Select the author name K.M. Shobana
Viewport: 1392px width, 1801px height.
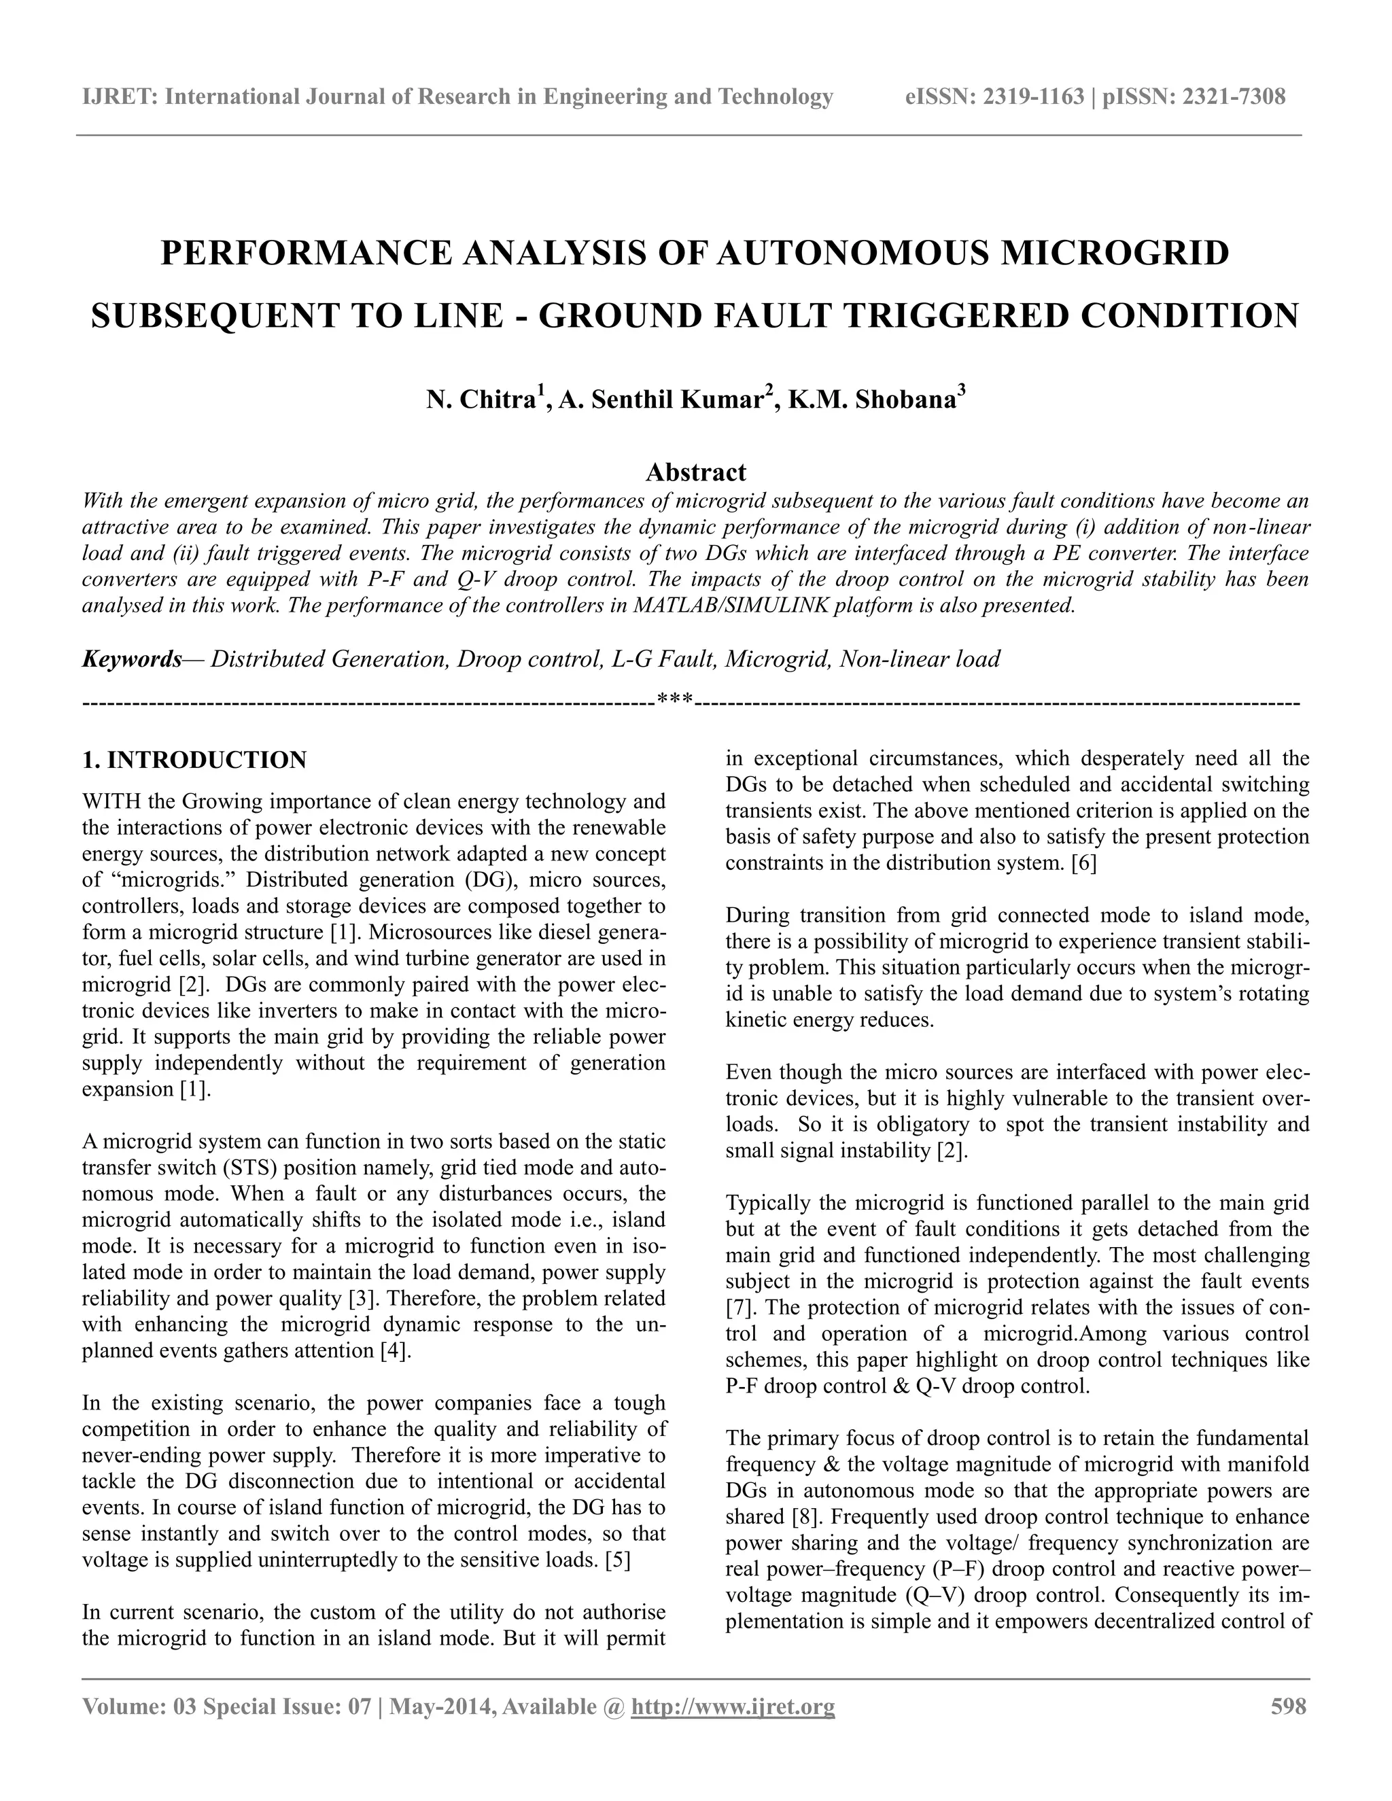click(871, 401)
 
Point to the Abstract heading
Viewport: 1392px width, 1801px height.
click(695, 472)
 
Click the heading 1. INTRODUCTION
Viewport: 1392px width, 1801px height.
click(194, 760)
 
